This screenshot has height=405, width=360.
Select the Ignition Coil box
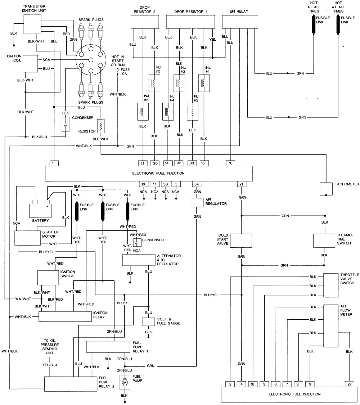point(30,64)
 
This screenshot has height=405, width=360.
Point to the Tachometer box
point(326,188)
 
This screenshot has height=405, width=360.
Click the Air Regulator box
point(197,203)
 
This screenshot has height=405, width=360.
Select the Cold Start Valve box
point(240,240)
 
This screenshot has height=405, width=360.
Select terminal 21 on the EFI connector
point(241,184)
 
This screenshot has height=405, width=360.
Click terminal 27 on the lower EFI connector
point(349,383)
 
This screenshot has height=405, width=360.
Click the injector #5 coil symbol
point(154,84)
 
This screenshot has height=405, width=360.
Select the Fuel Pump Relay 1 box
point(108,347)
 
